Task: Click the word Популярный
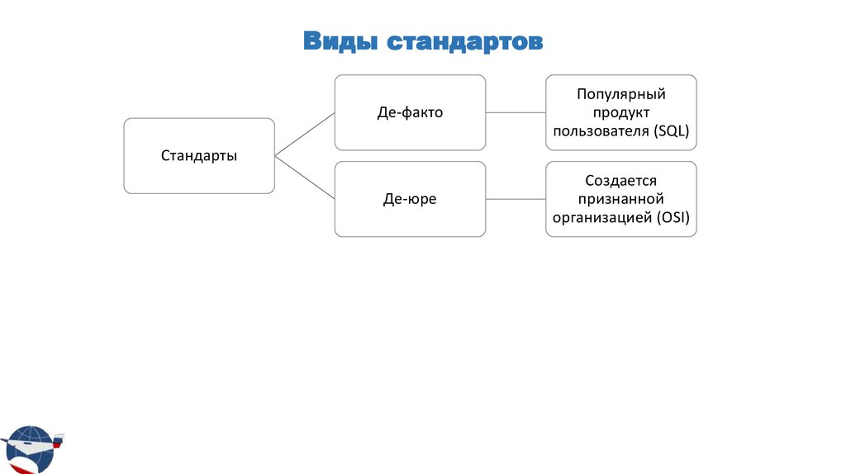click(x=621, y=93)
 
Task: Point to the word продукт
click(x=621, y=111)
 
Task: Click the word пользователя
click(x=601, y=130)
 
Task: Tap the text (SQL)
click(x=670, y=130)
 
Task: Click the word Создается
click(x=621, y=180)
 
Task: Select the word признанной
click(x=621, y=199)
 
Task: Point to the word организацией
click(x=603, y=218)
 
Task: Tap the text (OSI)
click(x=673, y=218)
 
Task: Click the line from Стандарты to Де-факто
click(x=304, y=134)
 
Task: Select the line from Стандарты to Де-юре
click(x=304, y=178)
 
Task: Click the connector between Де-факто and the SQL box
click(x=516, y=112)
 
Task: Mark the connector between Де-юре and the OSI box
click(x=516, y=199)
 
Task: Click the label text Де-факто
click(x=410, y=112)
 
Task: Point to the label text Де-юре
click(x=410, y=199)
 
